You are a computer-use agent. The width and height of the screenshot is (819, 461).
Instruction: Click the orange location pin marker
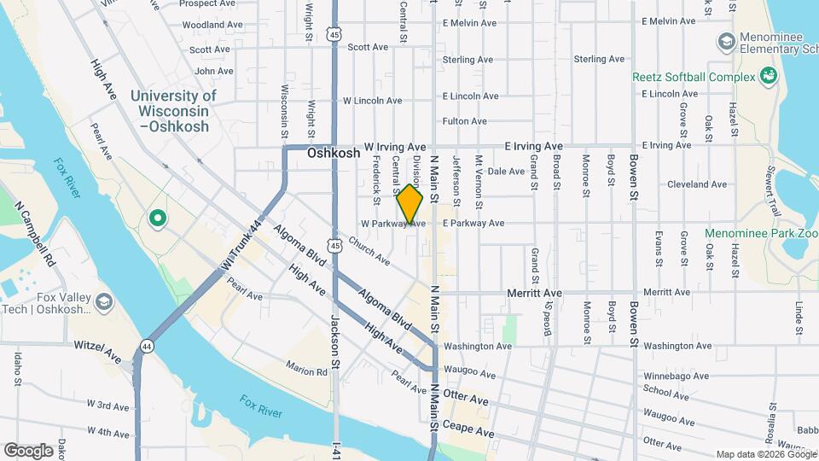(x=409, y=204)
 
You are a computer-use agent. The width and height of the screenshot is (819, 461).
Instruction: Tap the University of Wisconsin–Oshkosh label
(x=174, y=111)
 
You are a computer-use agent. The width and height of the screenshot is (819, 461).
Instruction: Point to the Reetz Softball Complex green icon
(x=767, y=77)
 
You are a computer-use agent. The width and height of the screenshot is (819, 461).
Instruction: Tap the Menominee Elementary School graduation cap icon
(x=726, y=40)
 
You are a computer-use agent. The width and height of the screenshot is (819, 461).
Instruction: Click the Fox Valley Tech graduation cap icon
(x=103, y=302)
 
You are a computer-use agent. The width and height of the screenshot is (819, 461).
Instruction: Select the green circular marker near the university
(x=157, y=219)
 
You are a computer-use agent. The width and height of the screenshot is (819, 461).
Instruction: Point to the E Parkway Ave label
(x=473, y=224)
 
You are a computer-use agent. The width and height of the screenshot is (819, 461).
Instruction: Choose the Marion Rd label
(x=307, y=371)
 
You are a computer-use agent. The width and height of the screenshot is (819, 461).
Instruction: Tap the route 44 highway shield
(x=148, y=346)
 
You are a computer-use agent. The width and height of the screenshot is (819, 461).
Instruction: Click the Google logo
(x=28, y=450)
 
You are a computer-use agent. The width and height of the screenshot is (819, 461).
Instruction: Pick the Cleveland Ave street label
(x=696, y=184)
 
